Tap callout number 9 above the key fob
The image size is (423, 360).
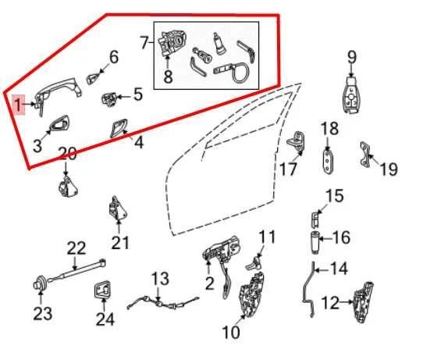(x=351, y=56)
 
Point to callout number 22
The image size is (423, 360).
(x=76, y=249)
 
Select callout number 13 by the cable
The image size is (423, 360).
(x=160, y=279)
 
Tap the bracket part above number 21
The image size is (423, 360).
(x=118, y=210)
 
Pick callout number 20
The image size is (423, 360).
(x=67, y=153)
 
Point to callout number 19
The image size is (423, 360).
(x=388, y=167)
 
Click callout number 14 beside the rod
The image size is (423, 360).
(x=339, y=269)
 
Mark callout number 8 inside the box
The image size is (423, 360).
(x=167, y=77)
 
